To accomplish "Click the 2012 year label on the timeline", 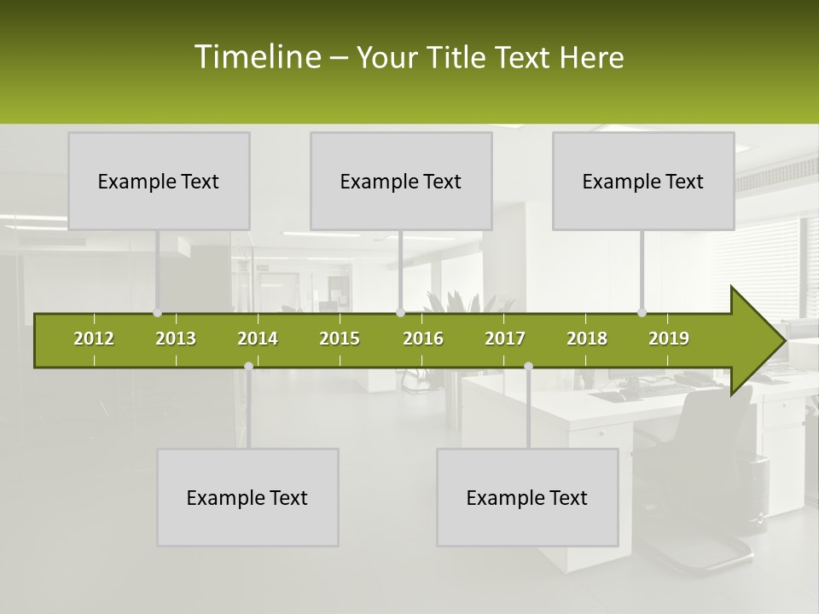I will pos(94,339).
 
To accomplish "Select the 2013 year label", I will pos(176,339).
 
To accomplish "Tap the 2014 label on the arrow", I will pos(258,339).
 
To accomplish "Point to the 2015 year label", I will pos(340,339).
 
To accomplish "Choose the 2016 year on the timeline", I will pos(423,339).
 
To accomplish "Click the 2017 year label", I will pos(505,339).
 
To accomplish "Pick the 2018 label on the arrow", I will pos(587,339).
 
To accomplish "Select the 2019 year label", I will pos(669,339).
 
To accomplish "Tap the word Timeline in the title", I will pos(257,57).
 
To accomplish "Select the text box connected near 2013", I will pos(159,181).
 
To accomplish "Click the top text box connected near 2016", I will pos(401,181).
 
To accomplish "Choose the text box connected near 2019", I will pos(643,181).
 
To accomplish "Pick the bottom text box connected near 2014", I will pos(247,497).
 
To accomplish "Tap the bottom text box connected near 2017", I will pos(527,497).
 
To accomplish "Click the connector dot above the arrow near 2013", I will pos(157,313).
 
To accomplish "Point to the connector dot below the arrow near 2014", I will pos(248,367).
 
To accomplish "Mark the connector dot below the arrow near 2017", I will pos(528,367).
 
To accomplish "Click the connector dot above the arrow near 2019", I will pos(642,313).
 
